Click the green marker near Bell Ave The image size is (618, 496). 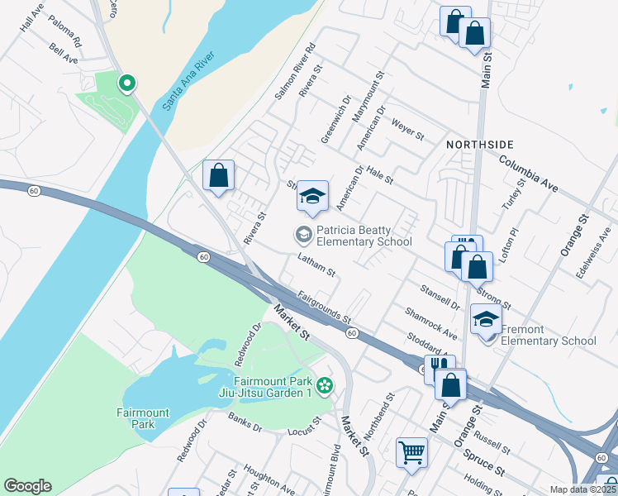tap(127, 83)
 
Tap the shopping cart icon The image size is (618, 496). tap(411, 452)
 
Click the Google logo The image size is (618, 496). tap(27, 486)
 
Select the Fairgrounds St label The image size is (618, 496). tap(325, 306)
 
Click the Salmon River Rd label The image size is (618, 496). tap(296, 72)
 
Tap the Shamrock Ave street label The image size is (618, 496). tap(430, 323)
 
